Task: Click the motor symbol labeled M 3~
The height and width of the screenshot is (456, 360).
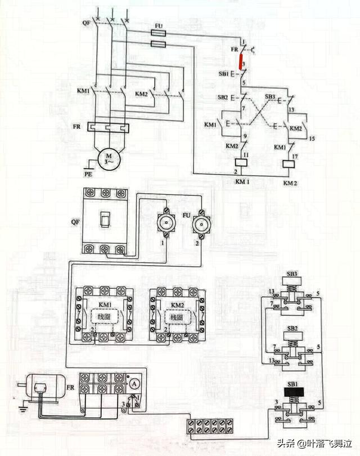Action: coord(106,157)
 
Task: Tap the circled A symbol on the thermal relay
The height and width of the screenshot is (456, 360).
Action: coord(134,382)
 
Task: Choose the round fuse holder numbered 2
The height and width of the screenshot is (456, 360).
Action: coord(198,225)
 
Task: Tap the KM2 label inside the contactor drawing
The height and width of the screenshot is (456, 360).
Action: coord(177,305)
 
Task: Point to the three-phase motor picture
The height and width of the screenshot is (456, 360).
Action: coord(39,388)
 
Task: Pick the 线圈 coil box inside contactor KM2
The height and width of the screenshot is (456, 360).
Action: coord(177,318)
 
